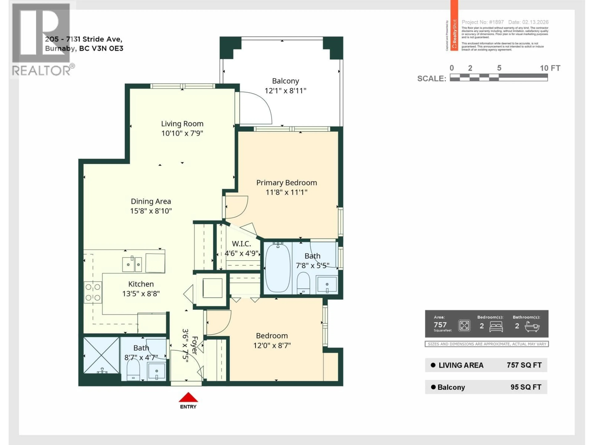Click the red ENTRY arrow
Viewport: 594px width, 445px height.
(x=188, y=397)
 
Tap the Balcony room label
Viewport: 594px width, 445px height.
(x=285, y=81)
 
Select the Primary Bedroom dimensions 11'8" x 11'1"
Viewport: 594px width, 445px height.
(x=286, y=192)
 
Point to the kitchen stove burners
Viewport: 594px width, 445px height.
(x=93, y=292)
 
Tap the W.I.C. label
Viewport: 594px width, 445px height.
(x=241, y=244)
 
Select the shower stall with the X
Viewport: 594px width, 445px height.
(x=101, y=355)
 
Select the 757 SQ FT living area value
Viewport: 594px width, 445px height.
(x=524, y=365)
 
